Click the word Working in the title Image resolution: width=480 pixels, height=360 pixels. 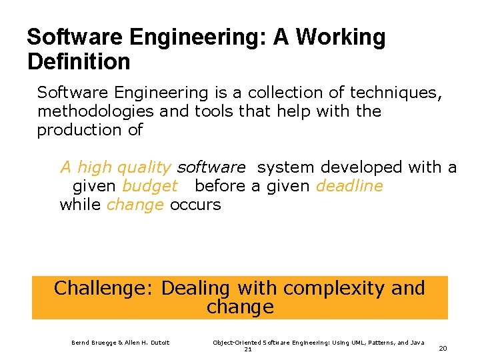click(x=340, y=37)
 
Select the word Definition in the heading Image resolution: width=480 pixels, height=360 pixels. click(x=79, y=62)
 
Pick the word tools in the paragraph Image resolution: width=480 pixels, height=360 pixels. click(x=213, y=111)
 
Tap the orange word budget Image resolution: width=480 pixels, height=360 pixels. click(x=150, y=186)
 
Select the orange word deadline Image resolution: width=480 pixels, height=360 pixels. click(x=349, y=186)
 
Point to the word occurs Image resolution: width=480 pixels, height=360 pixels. click(x=195, y=205)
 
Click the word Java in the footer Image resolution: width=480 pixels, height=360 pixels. click(x=416, y=343)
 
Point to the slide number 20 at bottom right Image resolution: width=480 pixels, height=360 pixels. click(x=443, y=347)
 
